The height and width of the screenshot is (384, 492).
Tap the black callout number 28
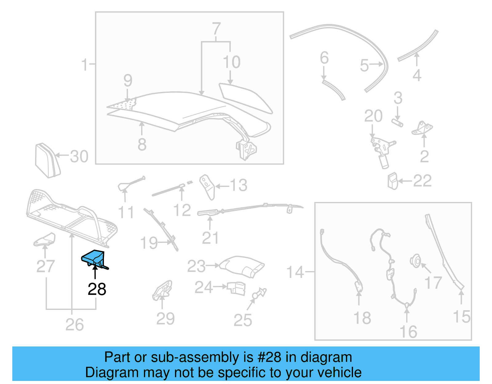97,289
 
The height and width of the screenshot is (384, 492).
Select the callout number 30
79,157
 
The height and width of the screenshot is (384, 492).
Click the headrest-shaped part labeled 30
47,160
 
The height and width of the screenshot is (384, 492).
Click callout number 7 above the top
216,29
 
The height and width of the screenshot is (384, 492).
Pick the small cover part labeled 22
393,181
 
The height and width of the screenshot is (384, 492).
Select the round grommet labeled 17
416,261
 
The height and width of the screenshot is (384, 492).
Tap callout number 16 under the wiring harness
408,332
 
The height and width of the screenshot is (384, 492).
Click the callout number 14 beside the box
295,272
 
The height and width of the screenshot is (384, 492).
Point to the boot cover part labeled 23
243,266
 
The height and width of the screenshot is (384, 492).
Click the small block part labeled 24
237,288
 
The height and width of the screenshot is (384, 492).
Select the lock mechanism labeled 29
162,290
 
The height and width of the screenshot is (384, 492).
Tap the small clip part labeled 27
45,240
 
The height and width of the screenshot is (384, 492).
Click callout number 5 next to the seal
364,65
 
